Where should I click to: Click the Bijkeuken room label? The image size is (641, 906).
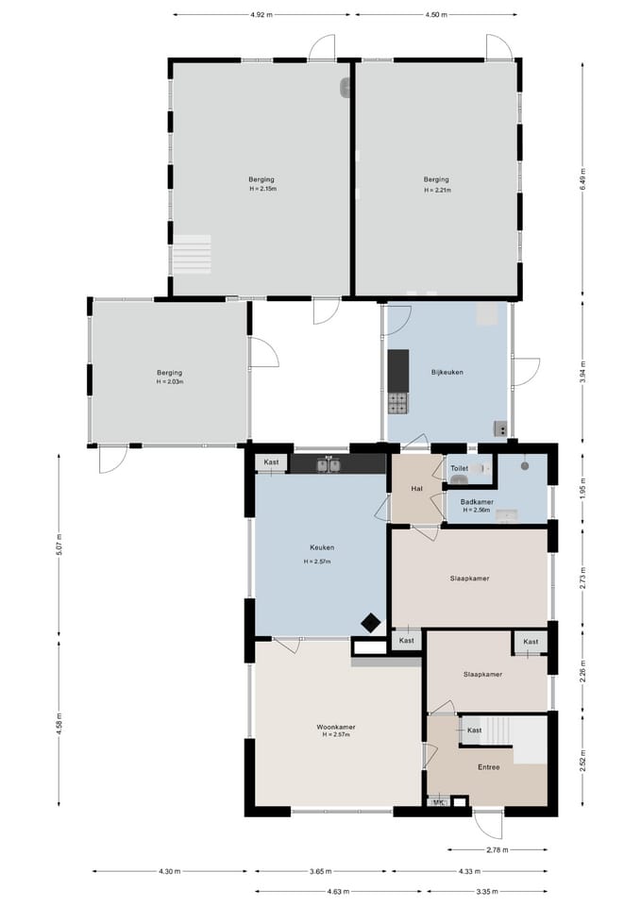(x=447, y=372)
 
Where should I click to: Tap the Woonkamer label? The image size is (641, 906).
(x=336, y=727)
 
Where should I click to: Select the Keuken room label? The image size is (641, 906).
(x=322, y=547)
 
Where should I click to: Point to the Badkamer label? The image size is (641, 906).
(x=477, y=502)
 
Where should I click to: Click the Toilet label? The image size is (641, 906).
(x=460, y=468)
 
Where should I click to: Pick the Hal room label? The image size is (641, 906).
(x=416, y=488)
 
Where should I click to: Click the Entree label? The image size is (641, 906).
(x=488, y=766)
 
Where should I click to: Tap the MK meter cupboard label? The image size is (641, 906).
(x=439, y=802)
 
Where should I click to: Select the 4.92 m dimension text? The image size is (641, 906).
(x=261, y=15)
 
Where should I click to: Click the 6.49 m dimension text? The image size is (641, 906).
(x=582, y=179)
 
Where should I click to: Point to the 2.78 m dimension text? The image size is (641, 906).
(x=498, y=849)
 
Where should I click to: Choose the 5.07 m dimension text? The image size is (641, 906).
(x=59, y=545)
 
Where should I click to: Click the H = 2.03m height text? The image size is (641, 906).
(x=169, y=382)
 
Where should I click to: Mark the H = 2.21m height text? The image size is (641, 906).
(x=437, y=190)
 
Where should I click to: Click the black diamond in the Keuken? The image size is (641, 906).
(x=370, y=624)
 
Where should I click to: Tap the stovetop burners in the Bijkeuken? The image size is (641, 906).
(x=397, y=403)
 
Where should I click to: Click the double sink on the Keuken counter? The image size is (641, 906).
(x=329, y=464)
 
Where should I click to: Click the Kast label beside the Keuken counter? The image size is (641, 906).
(x=271, y=462)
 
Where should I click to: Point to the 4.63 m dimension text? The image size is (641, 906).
(x=338, y=892)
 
